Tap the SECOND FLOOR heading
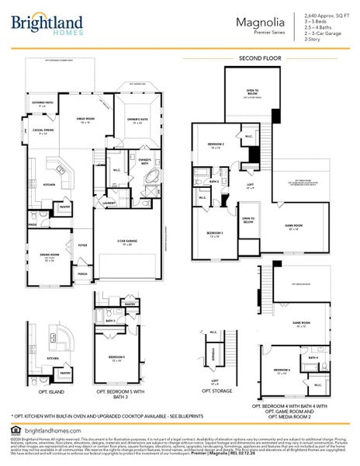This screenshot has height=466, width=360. (259, 58)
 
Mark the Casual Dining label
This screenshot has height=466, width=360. (43, 131)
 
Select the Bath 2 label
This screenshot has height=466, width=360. (214, 182)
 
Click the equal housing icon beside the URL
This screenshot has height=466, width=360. (16, 429)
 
